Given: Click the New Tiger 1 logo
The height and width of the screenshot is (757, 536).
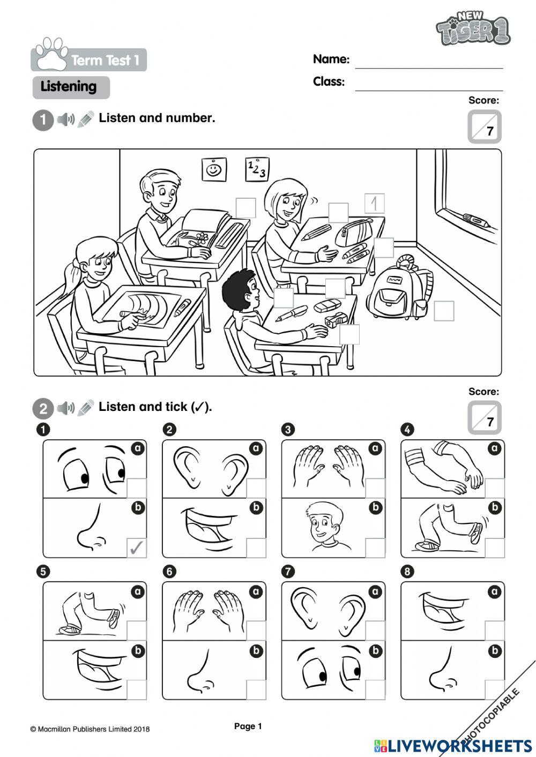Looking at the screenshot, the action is coord(473,28).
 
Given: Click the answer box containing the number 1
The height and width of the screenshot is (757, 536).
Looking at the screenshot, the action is coord(374,203).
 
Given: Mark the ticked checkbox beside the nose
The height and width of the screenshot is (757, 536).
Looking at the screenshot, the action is coord(137,548).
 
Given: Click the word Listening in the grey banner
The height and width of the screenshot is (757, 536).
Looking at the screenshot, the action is coord(69,86).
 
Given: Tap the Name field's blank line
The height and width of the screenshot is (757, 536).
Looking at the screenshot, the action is coord(429,68).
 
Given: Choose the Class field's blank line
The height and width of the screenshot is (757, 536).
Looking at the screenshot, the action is coord(429,91).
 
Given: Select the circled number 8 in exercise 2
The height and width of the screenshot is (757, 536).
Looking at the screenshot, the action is coord(407,572).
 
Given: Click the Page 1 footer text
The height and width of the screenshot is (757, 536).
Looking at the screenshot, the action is coord(248,726).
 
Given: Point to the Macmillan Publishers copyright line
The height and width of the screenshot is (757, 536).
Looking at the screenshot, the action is coord(90,729).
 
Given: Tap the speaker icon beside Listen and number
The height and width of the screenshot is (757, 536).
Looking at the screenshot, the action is coord(66,119).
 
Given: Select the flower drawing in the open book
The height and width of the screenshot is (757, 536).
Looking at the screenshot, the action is coord(202,237).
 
